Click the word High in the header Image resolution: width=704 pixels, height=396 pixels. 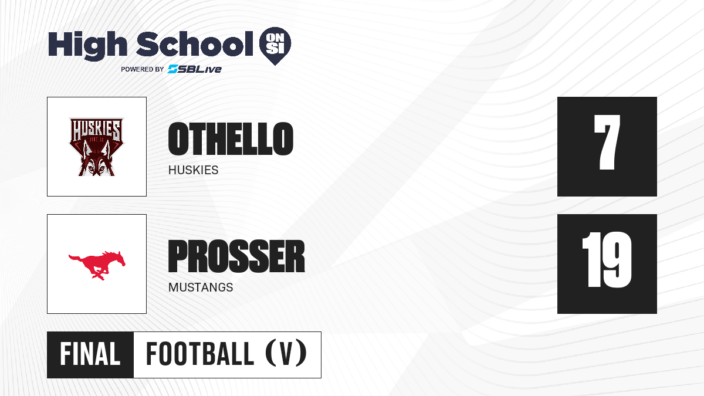coord(87,45)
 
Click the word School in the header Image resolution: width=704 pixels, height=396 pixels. coord(195,43)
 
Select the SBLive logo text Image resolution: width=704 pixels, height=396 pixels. coord(195,69)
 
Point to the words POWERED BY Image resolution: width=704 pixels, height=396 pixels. coord(143,69)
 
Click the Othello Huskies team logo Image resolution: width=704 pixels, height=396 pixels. coord(97,147)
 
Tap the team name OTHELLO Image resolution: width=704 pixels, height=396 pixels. coord(231,138)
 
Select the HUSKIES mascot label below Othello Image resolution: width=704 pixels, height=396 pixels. coord(193,170)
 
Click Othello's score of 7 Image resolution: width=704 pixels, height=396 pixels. coord(607,143)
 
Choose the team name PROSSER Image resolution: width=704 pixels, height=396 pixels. coord(236,256)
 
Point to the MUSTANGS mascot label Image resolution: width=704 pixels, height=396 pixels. coord(201,287)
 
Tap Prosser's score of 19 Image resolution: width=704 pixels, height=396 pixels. coord(607,260)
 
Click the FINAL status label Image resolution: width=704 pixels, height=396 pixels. coord(90,354)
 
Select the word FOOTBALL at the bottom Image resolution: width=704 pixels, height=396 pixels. coord(200,354)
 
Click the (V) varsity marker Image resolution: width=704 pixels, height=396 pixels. coord(286,354)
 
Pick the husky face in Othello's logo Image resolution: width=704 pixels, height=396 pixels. coord(96,161)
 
